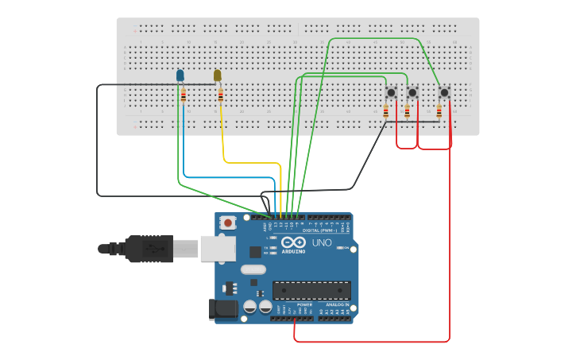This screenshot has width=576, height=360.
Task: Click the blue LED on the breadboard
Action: click(180, 75)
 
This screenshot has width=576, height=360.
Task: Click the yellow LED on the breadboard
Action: click(217, 75)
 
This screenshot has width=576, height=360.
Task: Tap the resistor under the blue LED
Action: click(184, 96)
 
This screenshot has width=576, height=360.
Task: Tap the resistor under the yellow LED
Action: click(220, 96)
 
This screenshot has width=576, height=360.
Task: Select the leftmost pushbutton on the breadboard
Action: click(391, 93)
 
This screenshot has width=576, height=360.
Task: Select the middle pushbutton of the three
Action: click(412, 93)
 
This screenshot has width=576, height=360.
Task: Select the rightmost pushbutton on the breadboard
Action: click(444, 93)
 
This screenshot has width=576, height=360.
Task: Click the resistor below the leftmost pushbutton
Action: click(386, 112)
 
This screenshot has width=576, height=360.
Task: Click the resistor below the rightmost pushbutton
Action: click(439, 112)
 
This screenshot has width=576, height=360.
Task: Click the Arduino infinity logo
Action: click(292, 243)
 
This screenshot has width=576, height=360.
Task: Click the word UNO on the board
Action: click(322, 242)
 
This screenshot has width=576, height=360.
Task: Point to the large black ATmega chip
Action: click(311, 290)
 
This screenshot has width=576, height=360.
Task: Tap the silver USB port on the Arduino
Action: click(218, 249)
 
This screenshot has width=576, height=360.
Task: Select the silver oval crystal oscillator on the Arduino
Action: click(253, 269)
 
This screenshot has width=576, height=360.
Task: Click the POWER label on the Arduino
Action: click(305, 304)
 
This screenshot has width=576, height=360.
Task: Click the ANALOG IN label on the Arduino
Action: click(337, 304)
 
